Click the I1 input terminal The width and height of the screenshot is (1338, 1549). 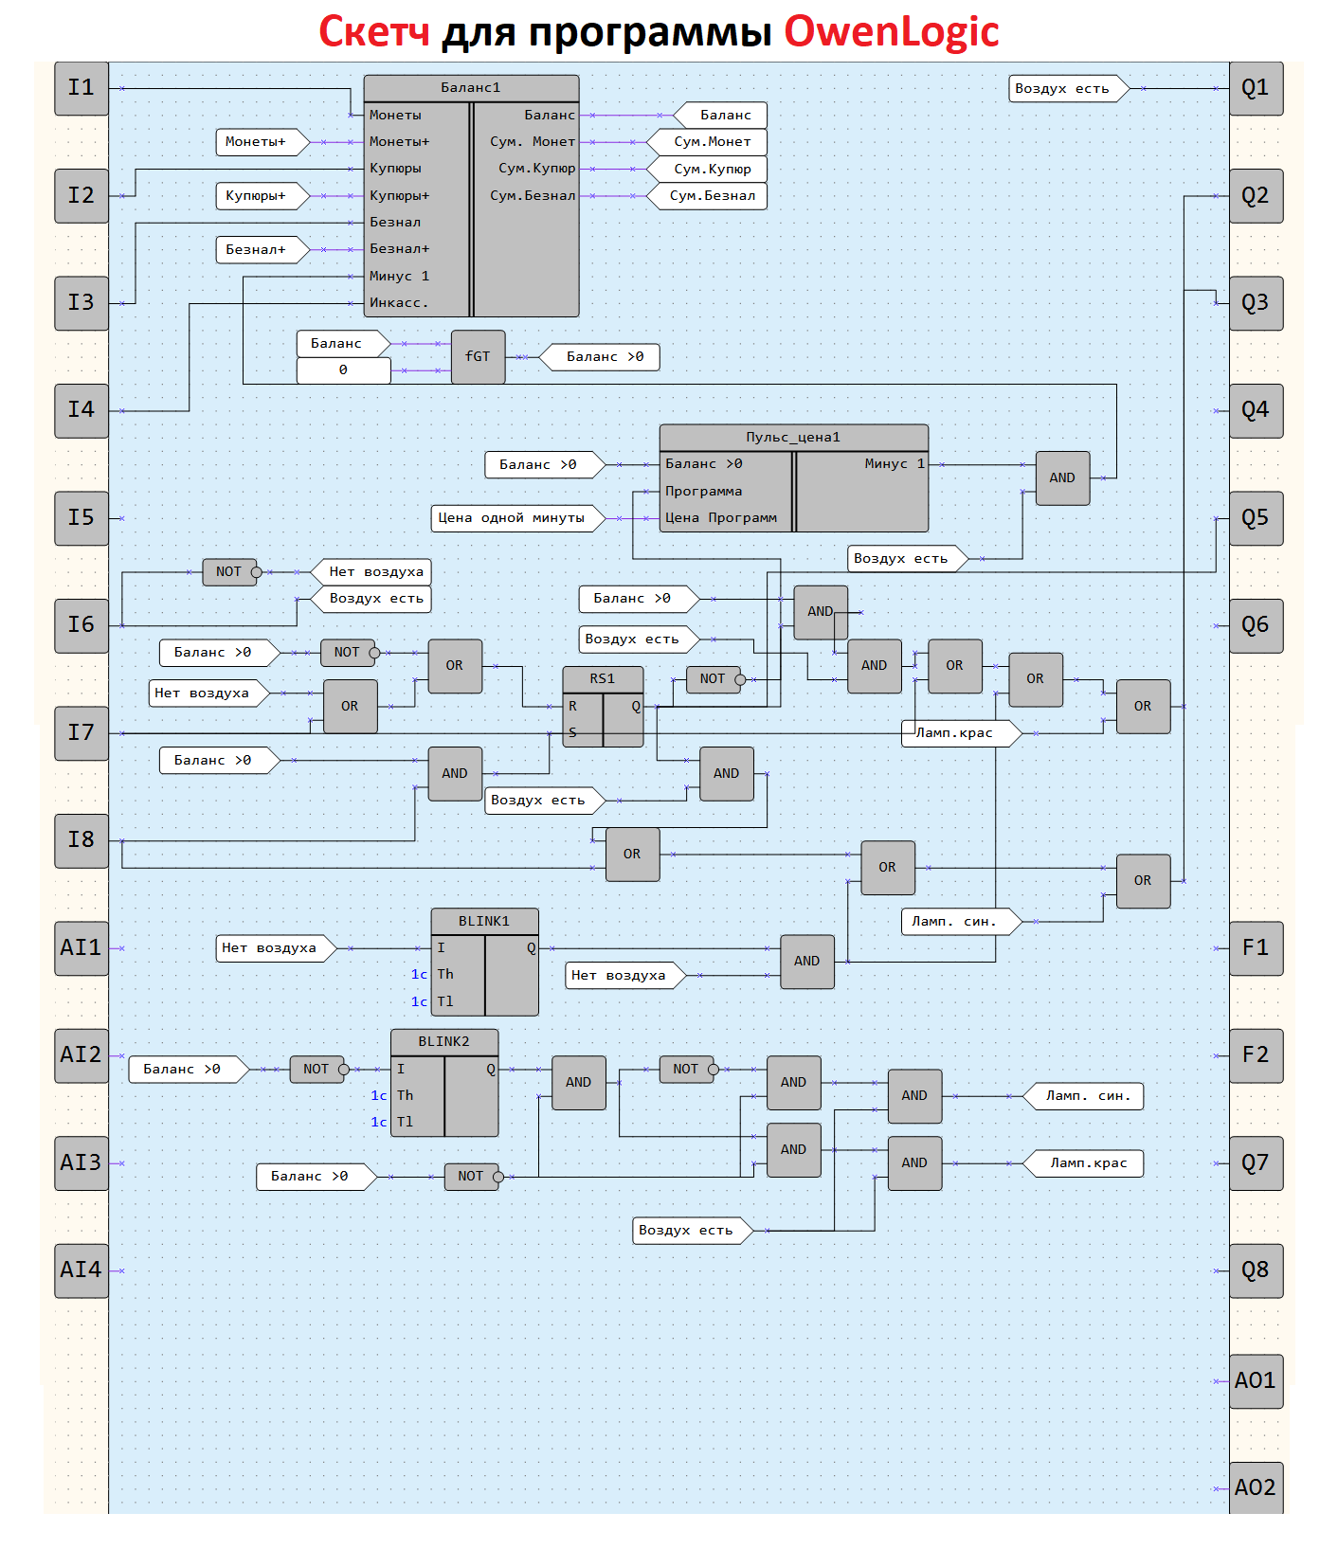pyautogui.click(x=81, y=88)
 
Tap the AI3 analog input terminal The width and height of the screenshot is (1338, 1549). pyautogui.click(x=81, y=1162)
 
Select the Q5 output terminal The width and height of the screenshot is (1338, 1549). pyautogui.click(x=1256, y=518)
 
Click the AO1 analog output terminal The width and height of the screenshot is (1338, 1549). pyautogui.click(x=1256, y=1380)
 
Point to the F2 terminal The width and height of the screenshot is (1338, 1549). pyautogui.click(x=1256, y=1055)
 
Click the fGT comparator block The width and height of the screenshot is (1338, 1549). pyautogui.click(x=478, y=357)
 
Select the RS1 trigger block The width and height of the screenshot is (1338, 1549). pyautogui.click(x=603, y=707)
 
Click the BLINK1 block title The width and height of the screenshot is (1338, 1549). pyautogui.click(x=484, y=921)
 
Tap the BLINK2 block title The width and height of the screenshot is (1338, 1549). pyautogui.click(x=443, y=1041)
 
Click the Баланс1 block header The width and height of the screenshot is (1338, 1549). pyautogui.click(x=471, y=88)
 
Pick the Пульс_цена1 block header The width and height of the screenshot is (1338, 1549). pyautogui.click(x=793, y=438)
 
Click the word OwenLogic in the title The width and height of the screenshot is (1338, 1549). pyautogui.click(x=891, y=31)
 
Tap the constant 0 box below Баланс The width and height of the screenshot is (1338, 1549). pyautogui.click(x=343, y=370)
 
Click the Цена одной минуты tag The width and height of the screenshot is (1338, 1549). pyautogui.click(x=513, y=518)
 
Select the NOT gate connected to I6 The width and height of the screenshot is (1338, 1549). pyautogui.click(x=229, y=572)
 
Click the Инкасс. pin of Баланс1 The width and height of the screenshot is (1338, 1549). pyautogui.click(x=399, y=303)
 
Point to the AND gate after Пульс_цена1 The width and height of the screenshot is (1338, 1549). pyautogui.click(x=1061, y=478)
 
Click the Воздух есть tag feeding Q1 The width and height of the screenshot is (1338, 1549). pyautogui.click(x=1064, y=89)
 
